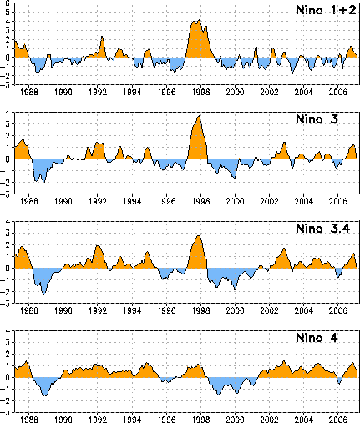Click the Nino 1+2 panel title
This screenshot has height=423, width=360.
326,10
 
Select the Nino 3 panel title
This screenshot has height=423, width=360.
317,119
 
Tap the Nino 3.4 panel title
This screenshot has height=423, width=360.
323,229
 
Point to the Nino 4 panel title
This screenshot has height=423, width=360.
317,338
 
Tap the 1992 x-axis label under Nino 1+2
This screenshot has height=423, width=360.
98,92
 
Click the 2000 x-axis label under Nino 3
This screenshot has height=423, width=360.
235,201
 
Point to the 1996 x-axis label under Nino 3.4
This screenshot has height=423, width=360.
166,310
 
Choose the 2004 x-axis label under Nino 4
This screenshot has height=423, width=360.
303,420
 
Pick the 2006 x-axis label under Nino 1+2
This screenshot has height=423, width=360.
337,92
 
